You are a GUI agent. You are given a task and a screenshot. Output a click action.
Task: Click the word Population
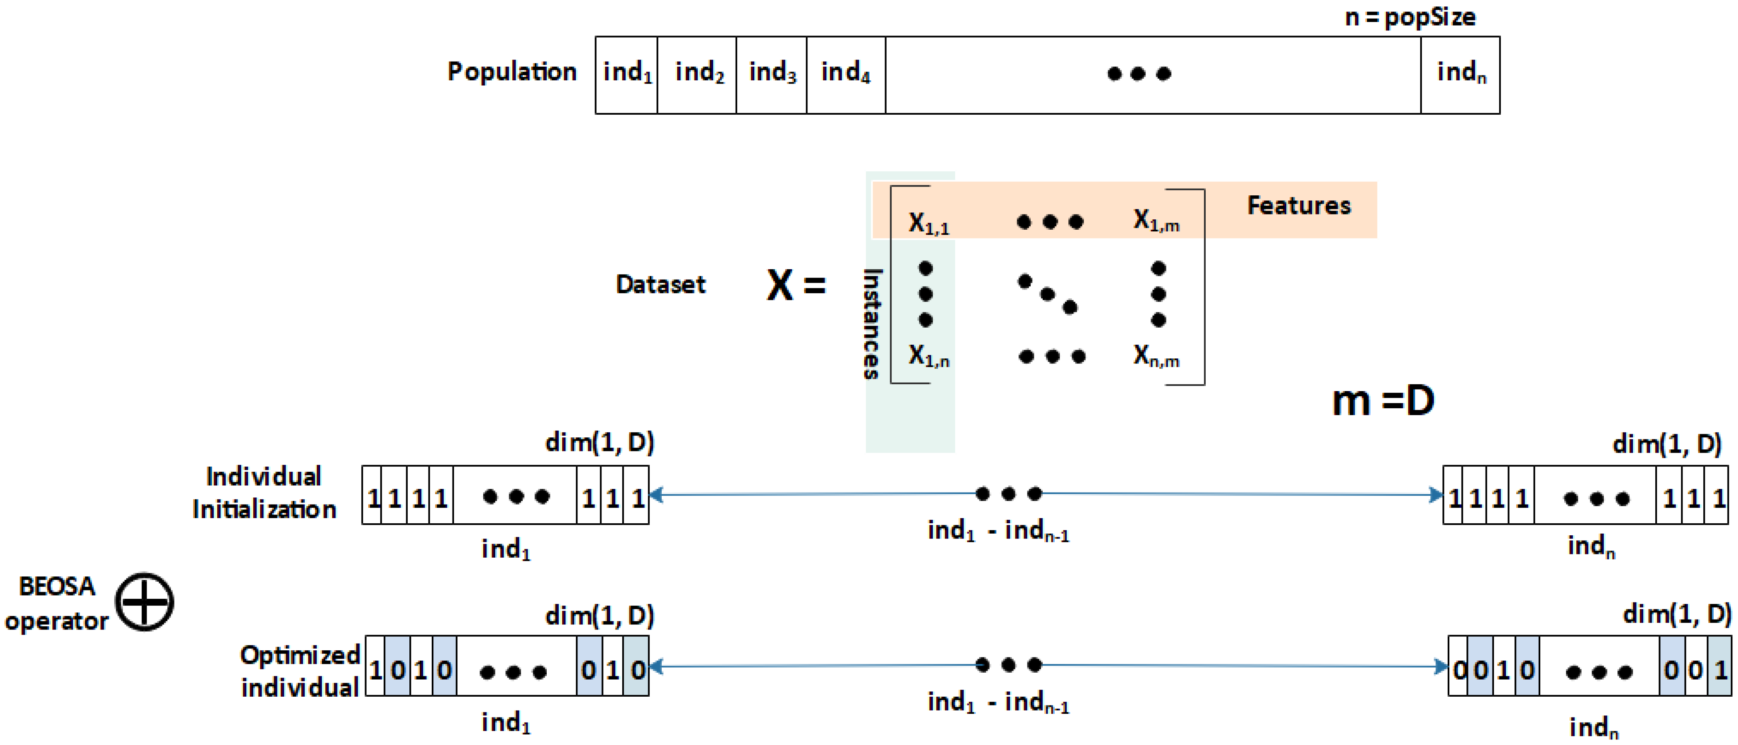(x=512, y=72)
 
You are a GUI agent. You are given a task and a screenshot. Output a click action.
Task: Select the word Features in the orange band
(x=1299, y=205)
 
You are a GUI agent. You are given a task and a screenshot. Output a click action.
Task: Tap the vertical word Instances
(x=872, y=324)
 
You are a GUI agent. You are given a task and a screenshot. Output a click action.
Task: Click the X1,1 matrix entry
(x=929, y=223)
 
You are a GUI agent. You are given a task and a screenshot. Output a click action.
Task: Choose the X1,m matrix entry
(x=1156, y=220)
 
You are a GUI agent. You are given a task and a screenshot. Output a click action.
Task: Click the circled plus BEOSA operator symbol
(x=145, y=602)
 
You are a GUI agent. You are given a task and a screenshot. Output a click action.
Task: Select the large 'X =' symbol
(x=796, y=285)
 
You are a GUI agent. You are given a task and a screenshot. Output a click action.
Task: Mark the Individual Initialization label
(x=264, y=493)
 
